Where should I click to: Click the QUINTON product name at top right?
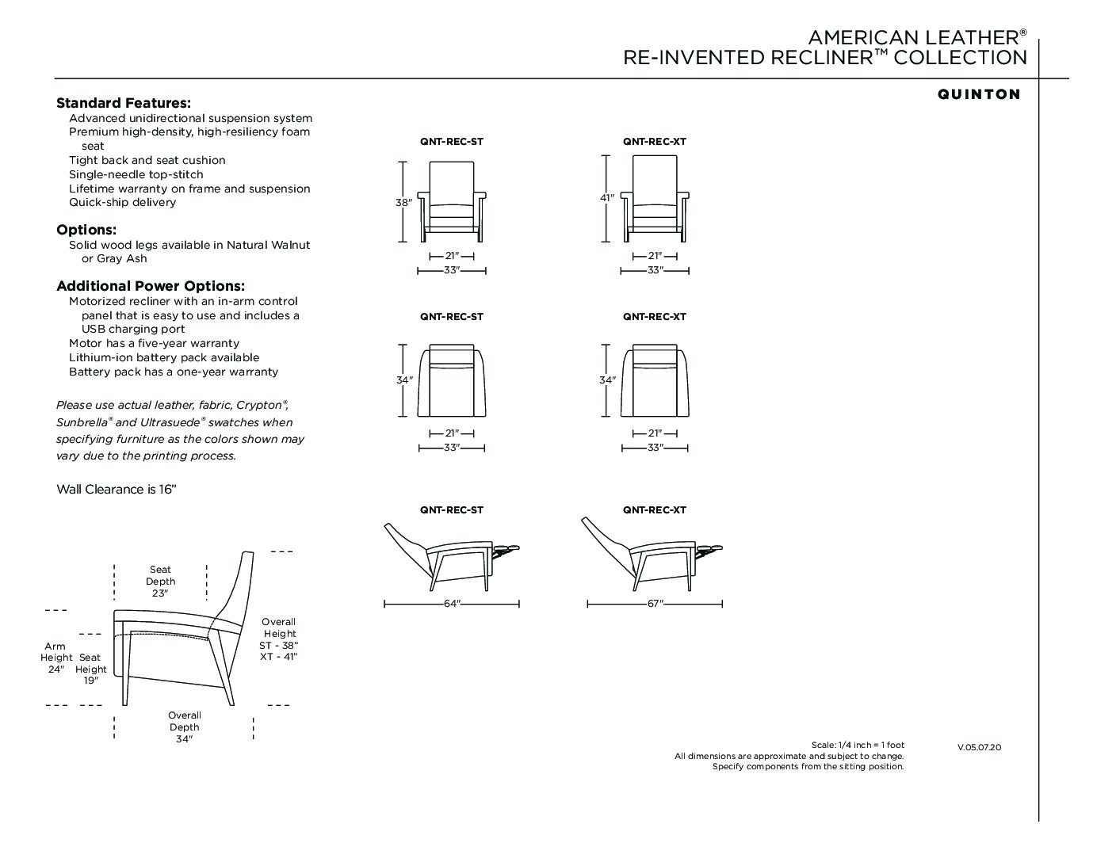coord(979,94)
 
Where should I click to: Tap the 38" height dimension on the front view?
coord(403,203)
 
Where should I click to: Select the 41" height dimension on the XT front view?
coord(606,198)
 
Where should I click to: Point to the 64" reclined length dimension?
coord(452,605)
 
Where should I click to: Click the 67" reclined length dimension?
coord(655,605)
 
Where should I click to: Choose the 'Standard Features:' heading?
coord(124,103)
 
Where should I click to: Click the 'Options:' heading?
coord(86,230)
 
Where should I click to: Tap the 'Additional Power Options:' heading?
coord(151,286)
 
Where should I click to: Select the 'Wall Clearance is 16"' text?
coord(116,490)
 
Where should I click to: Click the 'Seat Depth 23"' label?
coord(160,582)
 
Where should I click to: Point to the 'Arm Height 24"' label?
coord(55,658)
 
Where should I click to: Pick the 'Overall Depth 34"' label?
coord(184,727)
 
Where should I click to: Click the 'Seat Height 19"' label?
coord(90,669)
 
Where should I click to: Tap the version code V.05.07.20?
coord(979,747)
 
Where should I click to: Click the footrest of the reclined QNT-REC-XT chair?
coord(709,548)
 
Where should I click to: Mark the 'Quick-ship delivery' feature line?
coord(123,202)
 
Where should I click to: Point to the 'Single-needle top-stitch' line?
coord(136,174)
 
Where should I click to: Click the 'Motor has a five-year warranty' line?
coord(154,343)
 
